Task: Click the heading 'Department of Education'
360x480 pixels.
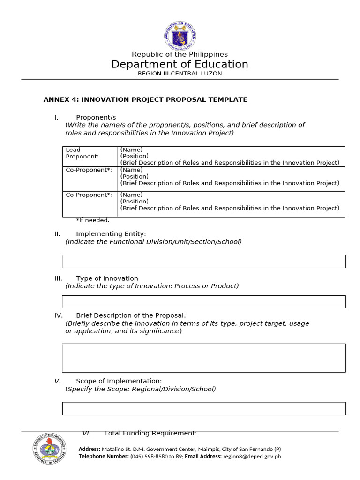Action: (180, 64)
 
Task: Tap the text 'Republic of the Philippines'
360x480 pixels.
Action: (180, 54)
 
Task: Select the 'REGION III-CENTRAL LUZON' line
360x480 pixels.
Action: (180, 74)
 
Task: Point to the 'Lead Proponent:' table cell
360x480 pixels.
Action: (82, 153)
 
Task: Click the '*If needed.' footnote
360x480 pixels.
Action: (93, 220)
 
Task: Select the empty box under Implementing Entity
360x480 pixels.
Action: (204, 261)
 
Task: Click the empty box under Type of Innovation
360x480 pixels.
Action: (204, 302)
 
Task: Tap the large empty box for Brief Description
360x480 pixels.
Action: (204, 358)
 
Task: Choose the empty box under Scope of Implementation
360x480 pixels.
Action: (204, 408)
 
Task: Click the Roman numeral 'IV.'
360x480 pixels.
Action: (59, 315)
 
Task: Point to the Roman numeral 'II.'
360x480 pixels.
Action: (58, 233)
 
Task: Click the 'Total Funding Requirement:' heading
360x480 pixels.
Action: (150, 434)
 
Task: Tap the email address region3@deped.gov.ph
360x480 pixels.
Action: (252, 457)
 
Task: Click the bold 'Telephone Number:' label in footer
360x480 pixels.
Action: (104, 457)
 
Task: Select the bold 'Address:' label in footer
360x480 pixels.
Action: (90, 449)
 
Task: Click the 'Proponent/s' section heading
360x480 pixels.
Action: (96, 117)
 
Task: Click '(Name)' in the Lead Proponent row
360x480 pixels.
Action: (131, 150)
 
